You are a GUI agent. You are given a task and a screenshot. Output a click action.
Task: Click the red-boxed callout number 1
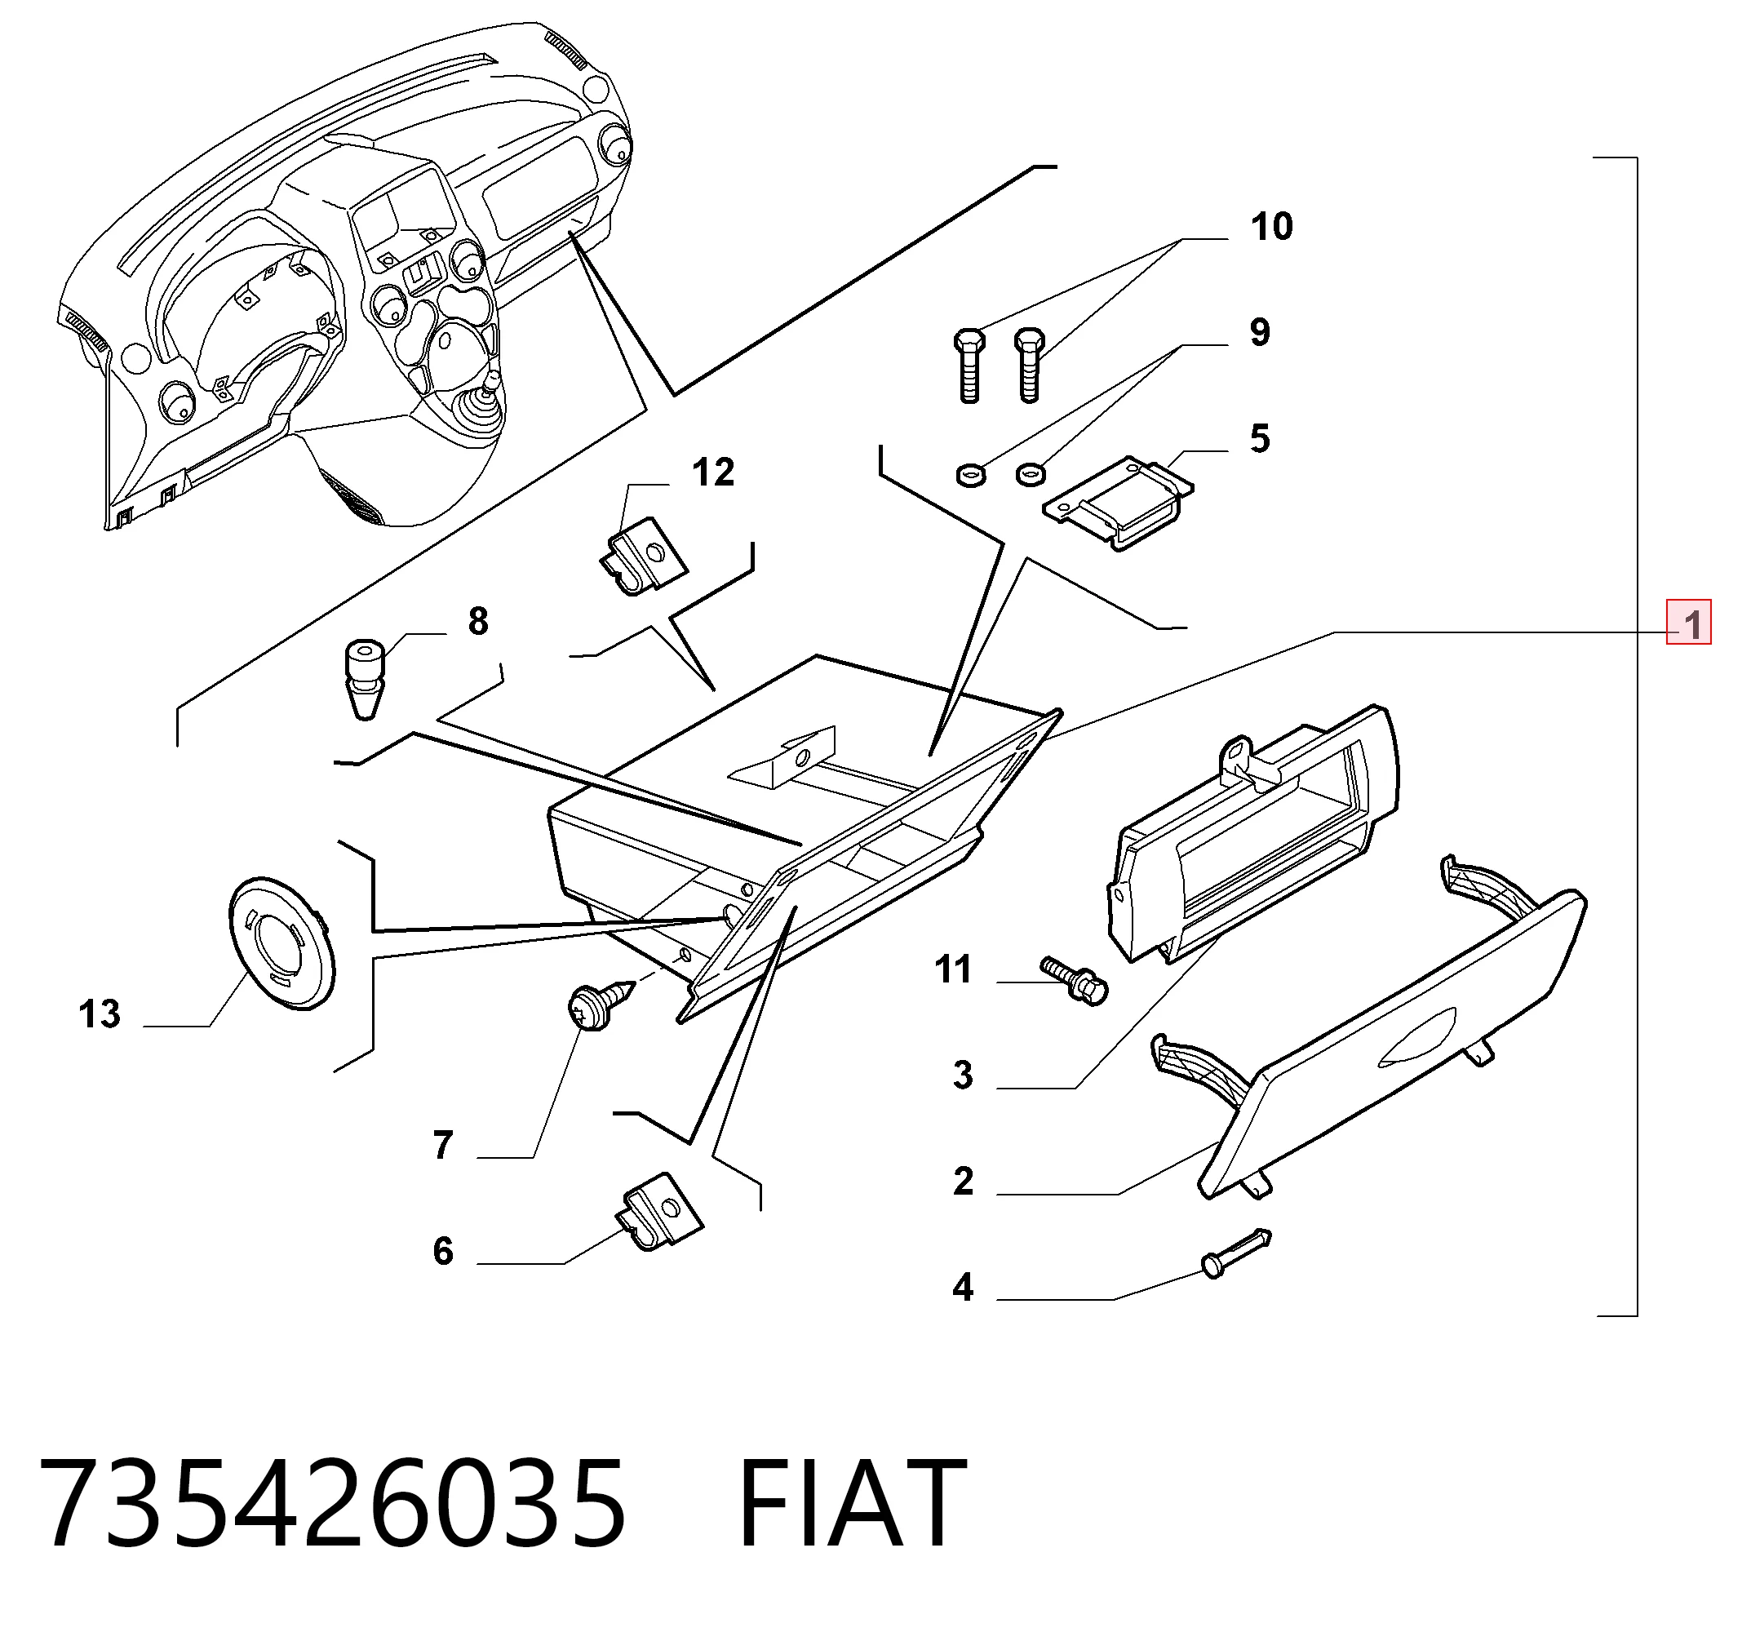(1687, 623)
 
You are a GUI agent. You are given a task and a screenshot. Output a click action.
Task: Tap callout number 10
(1272, 226)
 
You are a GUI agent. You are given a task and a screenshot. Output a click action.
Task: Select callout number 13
(100, 1013)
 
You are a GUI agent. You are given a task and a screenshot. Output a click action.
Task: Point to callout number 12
(713, 473)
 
